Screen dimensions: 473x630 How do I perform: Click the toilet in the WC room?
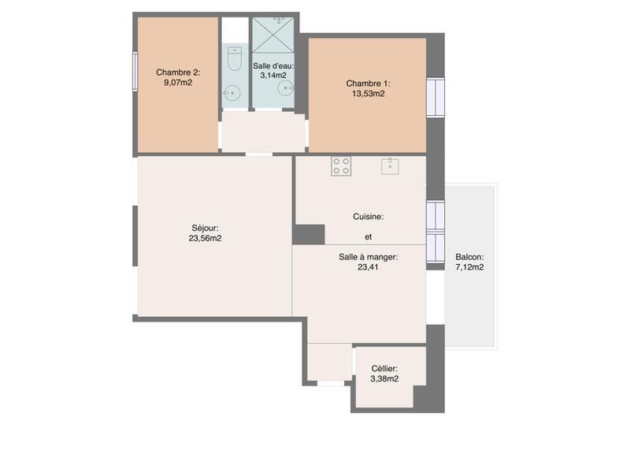point(234,58)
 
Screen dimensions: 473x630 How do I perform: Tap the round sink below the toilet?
point(232,93)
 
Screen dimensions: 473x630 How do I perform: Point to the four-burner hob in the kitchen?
point(341,166)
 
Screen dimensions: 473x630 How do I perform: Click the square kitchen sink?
point(390,166)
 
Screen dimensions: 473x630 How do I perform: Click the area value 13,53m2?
point(368,93)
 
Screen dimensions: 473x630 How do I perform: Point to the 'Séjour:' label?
point(205,227)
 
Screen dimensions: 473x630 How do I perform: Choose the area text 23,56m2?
point(205,237)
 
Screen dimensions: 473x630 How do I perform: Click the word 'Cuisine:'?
point(368,216)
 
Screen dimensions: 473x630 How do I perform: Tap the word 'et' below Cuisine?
point(368,236)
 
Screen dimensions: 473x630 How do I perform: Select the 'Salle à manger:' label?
point(368,257)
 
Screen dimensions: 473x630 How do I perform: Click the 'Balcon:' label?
point(469,257)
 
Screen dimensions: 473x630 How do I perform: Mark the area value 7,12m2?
point(469,267)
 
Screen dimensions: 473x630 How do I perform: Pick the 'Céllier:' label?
point(384,368)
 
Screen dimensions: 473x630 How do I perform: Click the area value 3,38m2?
point(384,378)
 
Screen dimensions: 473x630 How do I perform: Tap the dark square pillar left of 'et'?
point(308,234)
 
